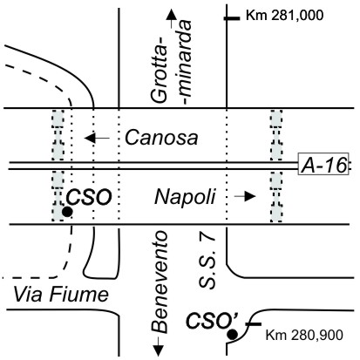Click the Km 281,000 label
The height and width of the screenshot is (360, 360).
[284, 16]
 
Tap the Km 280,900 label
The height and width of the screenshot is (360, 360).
[304, 335]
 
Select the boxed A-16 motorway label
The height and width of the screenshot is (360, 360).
[323, 164]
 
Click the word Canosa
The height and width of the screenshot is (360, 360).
[161, 138]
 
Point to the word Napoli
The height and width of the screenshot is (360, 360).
[185, 197]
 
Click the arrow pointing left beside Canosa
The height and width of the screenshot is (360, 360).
[97, 138]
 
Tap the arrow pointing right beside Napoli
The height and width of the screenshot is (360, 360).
[245, 196]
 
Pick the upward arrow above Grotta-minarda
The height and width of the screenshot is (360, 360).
[171, 18]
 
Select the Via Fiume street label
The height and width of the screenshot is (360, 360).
[61, 295]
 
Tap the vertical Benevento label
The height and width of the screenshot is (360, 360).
[160, 282]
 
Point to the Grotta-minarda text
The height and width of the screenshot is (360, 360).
[172, 62]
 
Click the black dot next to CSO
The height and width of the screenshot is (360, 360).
[67, 212]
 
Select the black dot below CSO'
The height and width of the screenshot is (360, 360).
[233, 335]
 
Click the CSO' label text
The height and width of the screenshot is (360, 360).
[212, 321]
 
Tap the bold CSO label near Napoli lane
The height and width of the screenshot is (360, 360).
[89, 197]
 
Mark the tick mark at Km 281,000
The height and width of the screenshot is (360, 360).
[232, 18]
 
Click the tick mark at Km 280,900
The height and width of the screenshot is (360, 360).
[254, 323]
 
